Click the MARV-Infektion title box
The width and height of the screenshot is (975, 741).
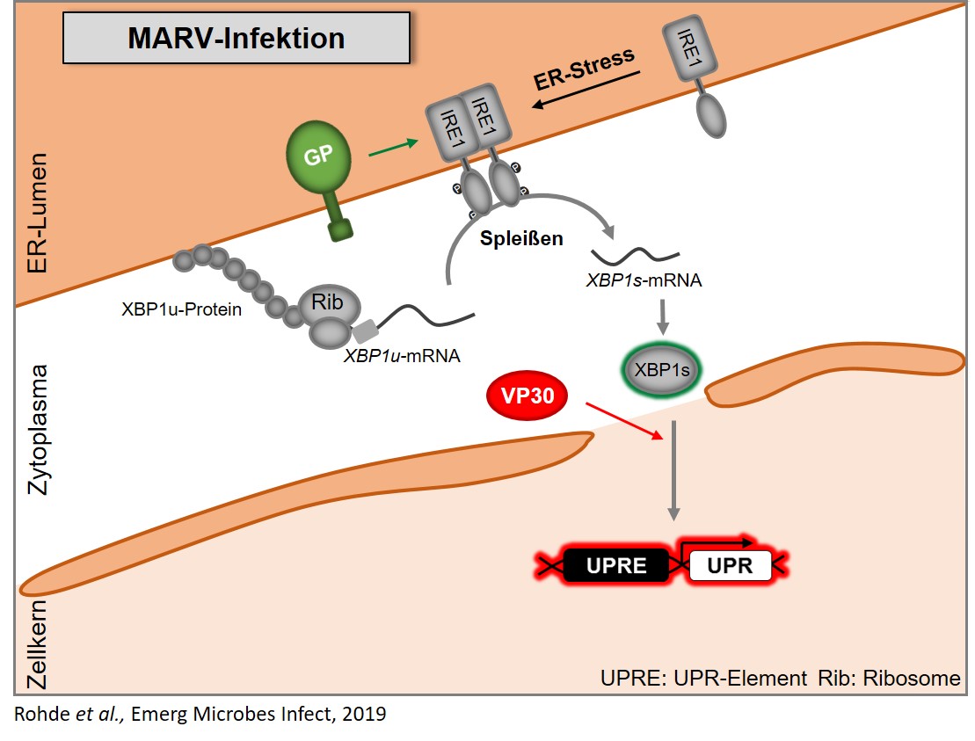(x=236, y=38)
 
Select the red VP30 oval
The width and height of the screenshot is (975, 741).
(x=528, y=396)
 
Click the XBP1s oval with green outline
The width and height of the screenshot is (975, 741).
(x=662, y=371)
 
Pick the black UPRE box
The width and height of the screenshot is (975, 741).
(x=616, y=565)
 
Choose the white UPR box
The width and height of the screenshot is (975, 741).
(x=730, y=565)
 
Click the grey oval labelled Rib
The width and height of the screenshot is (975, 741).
(x=328, y=302)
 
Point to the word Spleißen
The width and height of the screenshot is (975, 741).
(x=521, y=238)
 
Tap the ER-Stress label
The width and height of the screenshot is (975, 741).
(x=584, y=69)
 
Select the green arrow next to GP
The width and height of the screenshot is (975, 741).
(x=393, y=148)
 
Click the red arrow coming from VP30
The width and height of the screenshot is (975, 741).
(x=624, y=421)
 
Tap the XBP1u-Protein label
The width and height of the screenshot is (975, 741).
(x=182, y=309)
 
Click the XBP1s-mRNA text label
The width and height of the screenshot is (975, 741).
(x=644, y=280)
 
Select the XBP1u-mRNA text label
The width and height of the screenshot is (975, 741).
(x=403, y=356)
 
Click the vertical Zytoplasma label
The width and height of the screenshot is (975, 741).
(x=38, y=430)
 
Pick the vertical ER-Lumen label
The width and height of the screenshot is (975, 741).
(x=38, y=214)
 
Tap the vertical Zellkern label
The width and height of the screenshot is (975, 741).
(x=37, y=644)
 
